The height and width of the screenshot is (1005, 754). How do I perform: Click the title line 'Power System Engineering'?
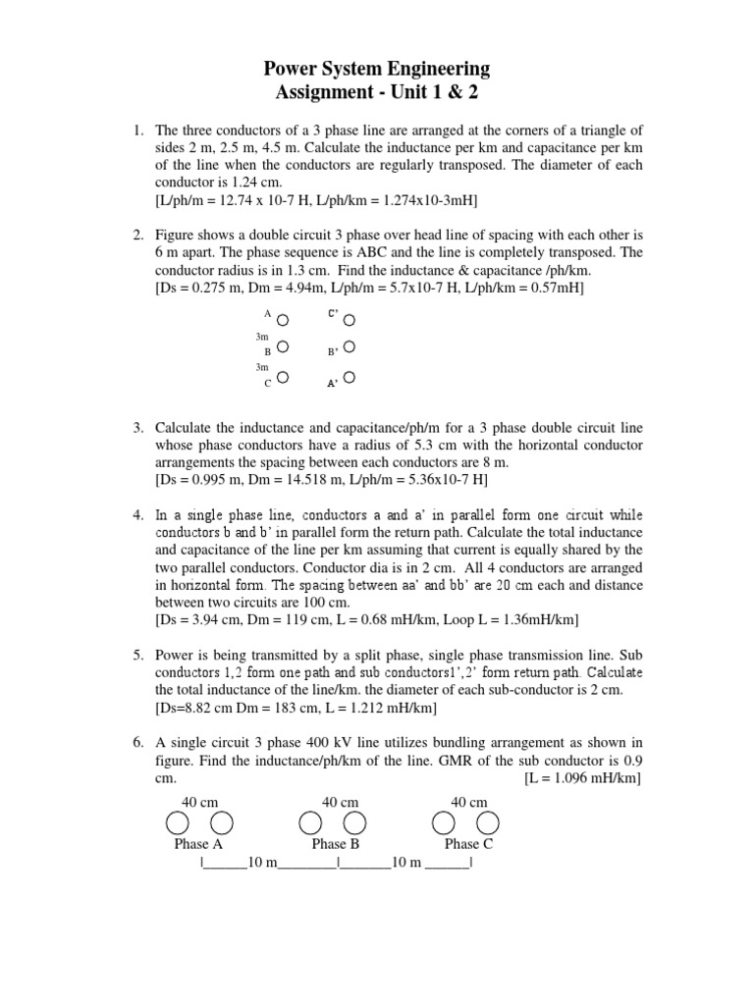coord(377,69)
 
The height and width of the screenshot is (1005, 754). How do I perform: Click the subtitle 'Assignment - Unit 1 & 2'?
coord(377,93)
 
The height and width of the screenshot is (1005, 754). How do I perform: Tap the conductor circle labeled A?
coord(283,320)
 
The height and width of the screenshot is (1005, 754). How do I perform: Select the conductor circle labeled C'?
coord(350,320)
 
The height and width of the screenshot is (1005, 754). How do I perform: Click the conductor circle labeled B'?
coord(350,346)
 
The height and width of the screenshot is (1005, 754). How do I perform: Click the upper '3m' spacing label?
coord(262,337)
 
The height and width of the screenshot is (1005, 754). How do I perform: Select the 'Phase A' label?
coord(198,844)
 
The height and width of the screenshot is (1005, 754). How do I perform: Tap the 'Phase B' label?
coord(336,844)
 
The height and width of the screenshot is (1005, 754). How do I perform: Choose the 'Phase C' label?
coord(468,844)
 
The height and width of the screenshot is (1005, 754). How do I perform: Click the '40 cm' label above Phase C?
coord(468,802)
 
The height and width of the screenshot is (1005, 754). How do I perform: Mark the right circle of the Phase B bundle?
coord(355,821)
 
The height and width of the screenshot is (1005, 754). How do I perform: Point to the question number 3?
coord(138,428)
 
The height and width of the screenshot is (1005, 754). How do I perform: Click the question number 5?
coord(138,654)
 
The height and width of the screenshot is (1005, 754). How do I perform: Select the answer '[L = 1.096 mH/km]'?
coord(583,778)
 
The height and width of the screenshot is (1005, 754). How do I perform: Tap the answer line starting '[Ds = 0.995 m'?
coord(321,480)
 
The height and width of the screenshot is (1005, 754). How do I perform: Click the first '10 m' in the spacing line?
coord(264,863)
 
